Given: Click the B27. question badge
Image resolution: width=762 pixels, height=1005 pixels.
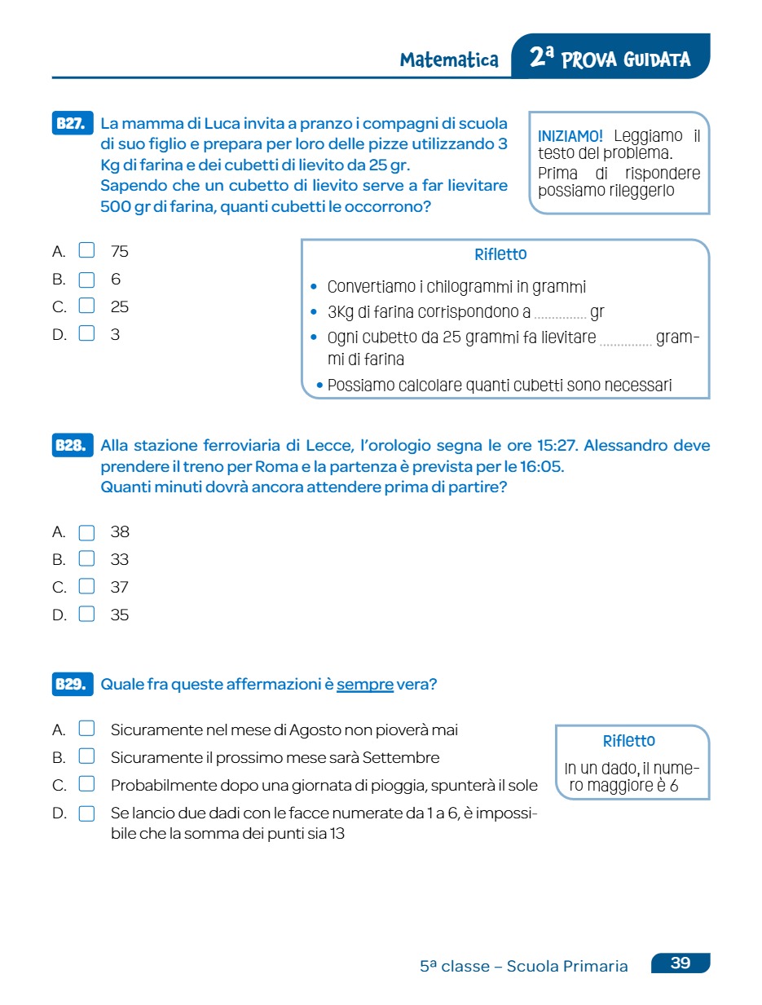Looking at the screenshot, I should click(72, 124).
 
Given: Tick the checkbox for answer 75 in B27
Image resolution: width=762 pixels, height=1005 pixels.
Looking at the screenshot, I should click(86, 251).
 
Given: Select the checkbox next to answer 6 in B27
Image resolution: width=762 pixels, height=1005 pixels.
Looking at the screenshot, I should click(86, 280).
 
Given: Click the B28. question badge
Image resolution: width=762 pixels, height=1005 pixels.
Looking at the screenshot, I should click(72, 446).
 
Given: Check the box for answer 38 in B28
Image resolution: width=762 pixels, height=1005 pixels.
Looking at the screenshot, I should click(86, 533).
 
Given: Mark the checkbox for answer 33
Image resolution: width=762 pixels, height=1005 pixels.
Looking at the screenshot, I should click(86, 560).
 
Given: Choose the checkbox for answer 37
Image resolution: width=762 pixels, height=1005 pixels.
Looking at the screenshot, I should click(86, 587).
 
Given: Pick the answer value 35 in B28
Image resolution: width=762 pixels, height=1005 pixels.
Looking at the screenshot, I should click(120, 615).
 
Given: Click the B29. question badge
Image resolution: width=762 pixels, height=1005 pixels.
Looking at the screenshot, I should click(72, 685).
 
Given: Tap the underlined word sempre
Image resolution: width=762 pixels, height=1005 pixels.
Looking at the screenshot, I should click(365, 685).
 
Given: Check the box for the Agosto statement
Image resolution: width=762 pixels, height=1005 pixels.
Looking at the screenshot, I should click(86, 730).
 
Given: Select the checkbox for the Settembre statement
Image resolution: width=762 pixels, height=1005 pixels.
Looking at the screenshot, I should click(86, 757).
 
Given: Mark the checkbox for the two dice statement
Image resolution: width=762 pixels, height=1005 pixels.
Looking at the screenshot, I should click(86, 813).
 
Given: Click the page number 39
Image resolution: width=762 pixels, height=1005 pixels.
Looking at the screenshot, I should click(681, 963).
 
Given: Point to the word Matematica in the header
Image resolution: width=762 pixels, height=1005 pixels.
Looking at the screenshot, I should click(449, 60).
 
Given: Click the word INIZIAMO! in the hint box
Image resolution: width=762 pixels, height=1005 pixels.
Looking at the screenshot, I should click(570, 136).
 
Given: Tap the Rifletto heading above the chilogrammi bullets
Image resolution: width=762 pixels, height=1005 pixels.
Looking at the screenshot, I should click(500, 255).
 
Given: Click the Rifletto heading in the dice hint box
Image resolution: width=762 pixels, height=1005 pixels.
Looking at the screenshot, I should click(629, 741).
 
